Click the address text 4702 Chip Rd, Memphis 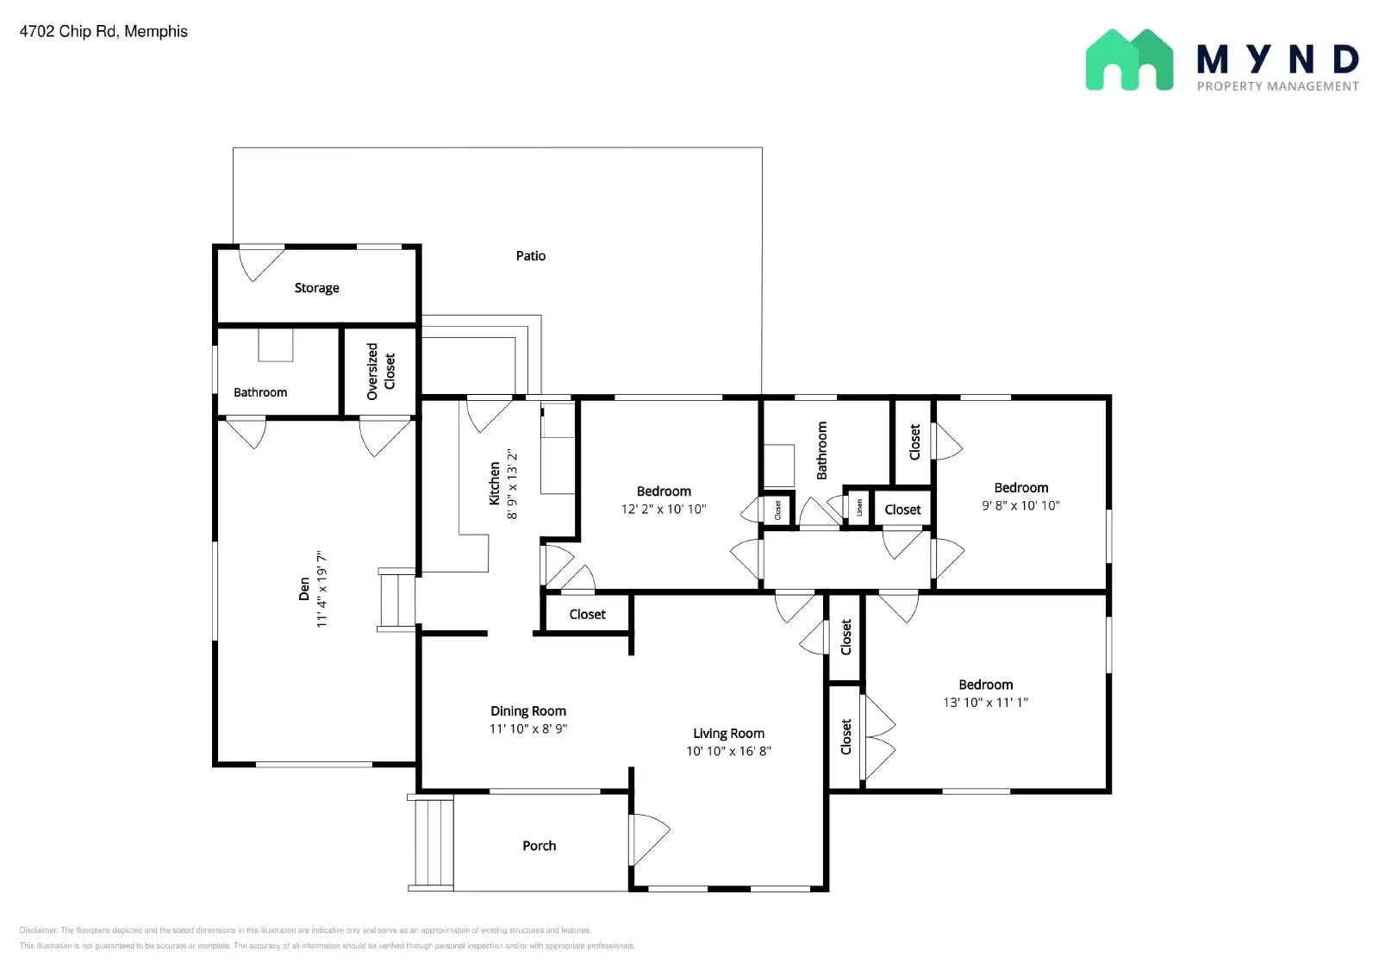tap(103, 32)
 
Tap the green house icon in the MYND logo tap(1128, 60)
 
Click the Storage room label tap(316, 288)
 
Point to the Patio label tap(530, 256)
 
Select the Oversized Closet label tap(380, 371)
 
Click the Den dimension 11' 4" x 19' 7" tap(321, 589)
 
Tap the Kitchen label tap(495, 483)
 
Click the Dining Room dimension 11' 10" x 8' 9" tap(527, 729)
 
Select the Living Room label tap(728, 734)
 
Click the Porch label tap(539, 846)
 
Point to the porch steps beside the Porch tap(432, 842)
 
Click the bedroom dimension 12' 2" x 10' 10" tap(663, 509)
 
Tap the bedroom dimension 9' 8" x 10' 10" tap(1020, 505)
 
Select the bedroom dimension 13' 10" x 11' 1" tap(985, 702)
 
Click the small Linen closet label tap(858, 508)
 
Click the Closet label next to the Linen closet tap(902, 510)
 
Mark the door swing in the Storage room tap(259, 263)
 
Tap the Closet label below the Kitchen tap(587, 615)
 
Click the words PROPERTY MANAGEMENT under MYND tap(1277, 86)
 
